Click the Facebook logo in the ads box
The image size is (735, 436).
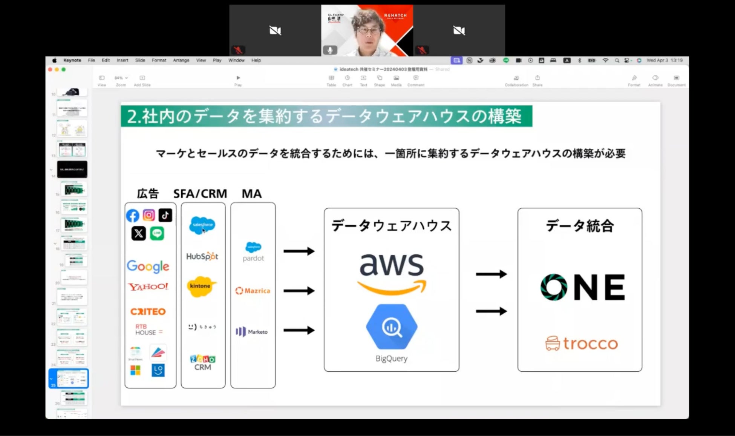pyautogui.click(x=132, y=216)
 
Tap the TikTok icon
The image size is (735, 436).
pyautogui.click(x=165, y=215)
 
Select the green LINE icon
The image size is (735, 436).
pyautogui.click(x=157, y=233)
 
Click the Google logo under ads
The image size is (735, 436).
pyautogui.click(x=148, y=266)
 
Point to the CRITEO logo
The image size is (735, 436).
pyautogui.click(x=148, y=311)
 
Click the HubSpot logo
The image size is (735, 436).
pyautogui.click(x=202, y=256)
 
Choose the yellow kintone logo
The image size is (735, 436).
pyautogui.click(x=202, y=286)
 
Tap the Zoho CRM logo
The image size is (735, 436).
pyautogui.click(x=203, y=362)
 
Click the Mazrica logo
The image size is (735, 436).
pyautogui.click(x=253, y=291)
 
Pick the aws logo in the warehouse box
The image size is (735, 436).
pyautogui.click(x=392, y=273)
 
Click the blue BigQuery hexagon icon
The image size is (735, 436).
pyautogui.click(x=392, y=327)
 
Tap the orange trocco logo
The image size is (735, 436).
pyautogui.click(x=582, y=344)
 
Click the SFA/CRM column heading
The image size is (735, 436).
pyautogui.click(x=200, y=194)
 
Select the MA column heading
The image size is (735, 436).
pyautogui.click(x=251, y=194)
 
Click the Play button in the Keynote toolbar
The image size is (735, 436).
pyautogui.click(x=238, y=78)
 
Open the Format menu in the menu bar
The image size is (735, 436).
pyautogui.click(x=159, y=60)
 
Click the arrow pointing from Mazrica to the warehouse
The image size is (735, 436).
pyautogui.click(x=299, y=291)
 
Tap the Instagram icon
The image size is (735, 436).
pyautogui.click(x=149, y=215)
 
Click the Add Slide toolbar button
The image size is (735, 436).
pyautogui.click(x=142, y=78)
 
